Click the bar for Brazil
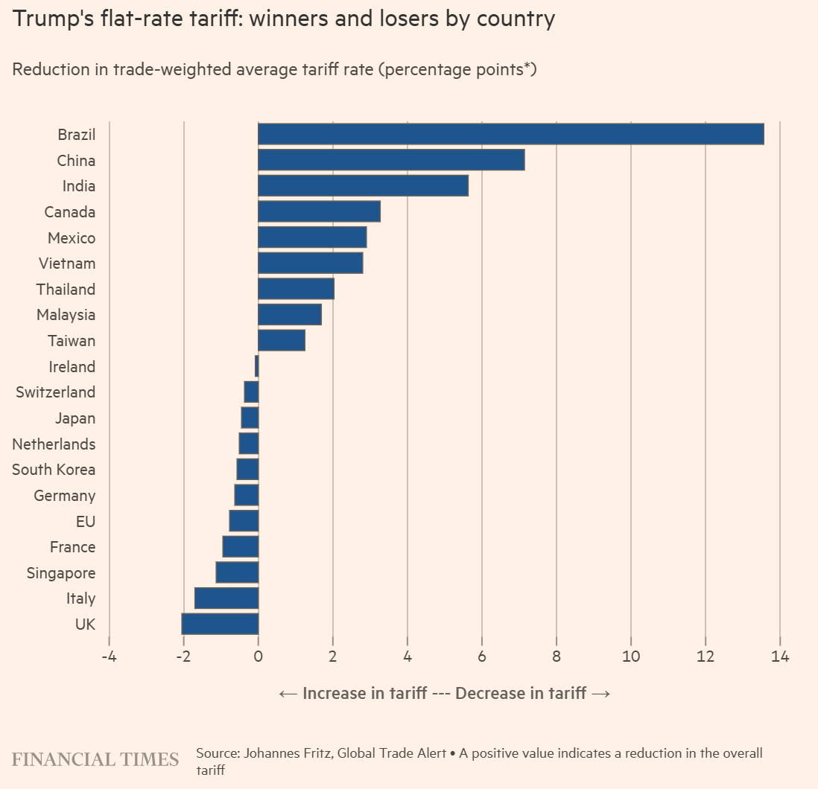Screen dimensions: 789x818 point(510,134)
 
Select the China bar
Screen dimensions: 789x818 point(391,160)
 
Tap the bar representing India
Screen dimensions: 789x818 point(363,185)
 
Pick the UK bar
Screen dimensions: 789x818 point(220,624)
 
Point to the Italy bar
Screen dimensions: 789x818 point(226,598)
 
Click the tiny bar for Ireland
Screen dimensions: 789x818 point(256,366)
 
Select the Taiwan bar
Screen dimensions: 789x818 point(282,340)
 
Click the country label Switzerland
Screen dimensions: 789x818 point(56,392)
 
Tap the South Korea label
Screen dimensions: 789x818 point(54,470)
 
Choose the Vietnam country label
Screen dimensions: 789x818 point(67,263)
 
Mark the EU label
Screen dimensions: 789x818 point(86,521)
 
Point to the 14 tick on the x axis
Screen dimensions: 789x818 point(780,657)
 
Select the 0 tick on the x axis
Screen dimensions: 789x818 point(258,657)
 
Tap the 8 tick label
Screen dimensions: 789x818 point(557,657)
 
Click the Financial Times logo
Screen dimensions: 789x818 point(95,759)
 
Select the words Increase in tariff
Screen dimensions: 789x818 point(364,694)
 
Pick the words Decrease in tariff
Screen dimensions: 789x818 point(521,694)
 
